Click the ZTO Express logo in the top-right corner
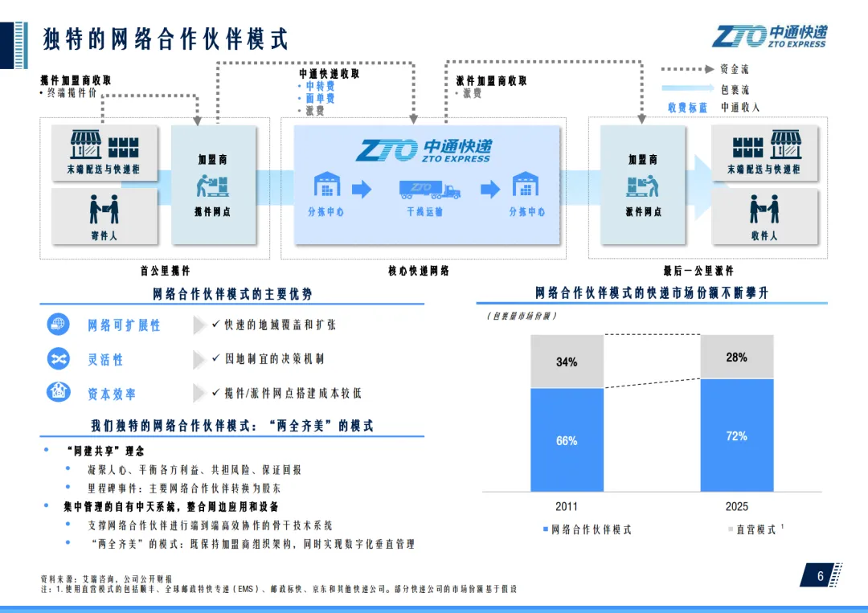(769, 36)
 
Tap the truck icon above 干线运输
(430, 190)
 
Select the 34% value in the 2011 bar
(567, 362)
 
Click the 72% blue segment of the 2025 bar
(736, 435)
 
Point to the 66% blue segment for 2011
(567, 440)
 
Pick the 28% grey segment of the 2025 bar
(736, 358)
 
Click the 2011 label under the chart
(567, 507)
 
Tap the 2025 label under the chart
(736, 507)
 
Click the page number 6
(821, 576)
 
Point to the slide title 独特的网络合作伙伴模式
(166, 39)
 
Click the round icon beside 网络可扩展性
(59, 325)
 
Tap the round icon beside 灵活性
(59, 359)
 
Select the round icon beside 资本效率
(59, 393)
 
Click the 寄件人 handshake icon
(104, 209)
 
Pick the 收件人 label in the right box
(764, 236)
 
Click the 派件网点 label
(643, 212)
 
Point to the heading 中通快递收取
(329, 74)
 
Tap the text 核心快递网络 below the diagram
(419, 272)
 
